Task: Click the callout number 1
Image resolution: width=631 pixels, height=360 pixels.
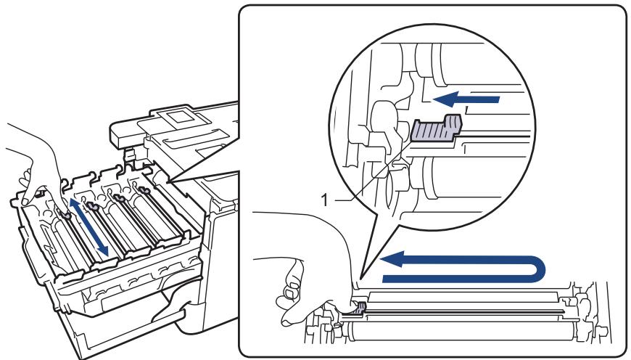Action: point(325,200)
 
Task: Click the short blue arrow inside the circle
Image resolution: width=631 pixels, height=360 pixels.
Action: point(466,99)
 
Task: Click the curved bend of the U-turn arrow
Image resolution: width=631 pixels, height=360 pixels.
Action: point(537,269)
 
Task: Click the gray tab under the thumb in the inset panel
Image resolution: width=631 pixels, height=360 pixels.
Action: point(360,307)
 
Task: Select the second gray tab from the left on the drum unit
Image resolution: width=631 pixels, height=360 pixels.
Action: point(94,207)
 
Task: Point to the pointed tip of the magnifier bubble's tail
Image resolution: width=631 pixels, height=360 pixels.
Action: point(361,278)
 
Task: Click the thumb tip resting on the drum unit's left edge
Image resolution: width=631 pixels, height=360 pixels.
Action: point(25,200)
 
